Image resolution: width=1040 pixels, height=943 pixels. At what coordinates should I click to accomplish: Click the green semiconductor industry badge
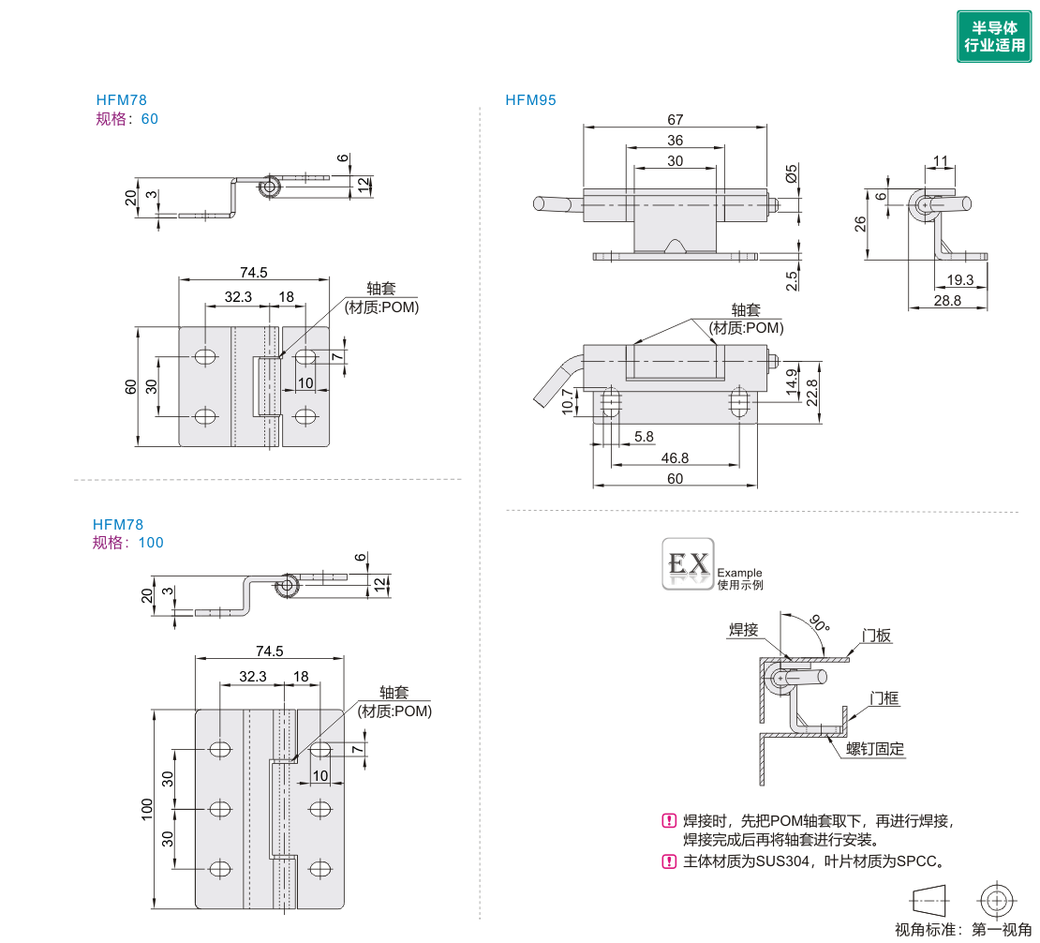(x=993, y=37)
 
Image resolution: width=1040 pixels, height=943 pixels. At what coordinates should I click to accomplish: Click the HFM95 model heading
(x=530, y=100)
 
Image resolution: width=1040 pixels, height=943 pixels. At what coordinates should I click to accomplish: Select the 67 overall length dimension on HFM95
(x=676, y=119)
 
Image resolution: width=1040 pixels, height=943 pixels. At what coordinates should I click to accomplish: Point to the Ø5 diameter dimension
(x=792, y=173)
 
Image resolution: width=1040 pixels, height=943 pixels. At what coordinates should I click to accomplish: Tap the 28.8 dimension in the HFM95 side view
(x=947, y=301)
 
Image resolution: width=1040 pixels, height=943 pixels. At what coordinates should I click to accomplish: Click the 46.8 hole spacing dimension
(x=675, y=457)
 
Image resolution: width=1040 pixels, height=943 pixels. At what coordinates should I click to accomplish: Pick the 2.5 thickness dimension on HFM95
(x=792, y=279)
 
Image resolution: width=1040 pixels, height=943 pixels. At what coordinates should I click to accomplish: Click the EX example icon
(x=688, y=563)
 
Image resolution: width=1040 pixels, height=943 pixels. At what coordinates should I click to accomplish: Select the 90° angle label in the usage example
(x=819, y=623)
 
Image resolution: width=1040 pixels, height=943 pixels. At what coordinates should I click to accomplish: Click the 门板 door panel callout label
(x=877, y=636)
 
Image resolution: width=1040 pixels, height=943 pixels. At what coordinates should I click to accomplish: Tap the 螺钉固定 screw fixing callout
(x=875, y=748)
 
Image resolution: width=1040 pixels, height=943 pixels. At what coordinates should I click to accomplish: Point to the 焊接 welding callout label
(x=743, y=630)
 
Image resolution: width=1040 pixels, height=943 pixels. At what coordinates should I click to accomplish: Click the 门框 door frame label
(x=884, y=697)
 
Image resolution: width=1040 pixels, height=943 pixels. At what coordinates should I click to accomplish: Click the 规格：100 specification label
(x=127, y=543)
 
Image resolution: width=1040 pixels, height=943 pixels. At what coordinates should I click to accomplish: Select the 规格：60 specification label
(x=127, y=119)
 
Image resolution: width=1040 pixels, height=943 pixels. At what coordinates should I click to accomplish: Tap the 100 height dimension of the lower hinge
(x=147, y=809)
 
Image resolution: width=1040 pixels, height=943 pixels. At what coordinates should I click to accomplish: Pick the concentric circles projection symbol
(x=995, y=901)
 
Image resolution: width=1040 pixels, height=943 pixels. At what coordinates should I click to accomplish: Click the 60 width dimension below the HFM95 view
(x=675, y=478)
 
